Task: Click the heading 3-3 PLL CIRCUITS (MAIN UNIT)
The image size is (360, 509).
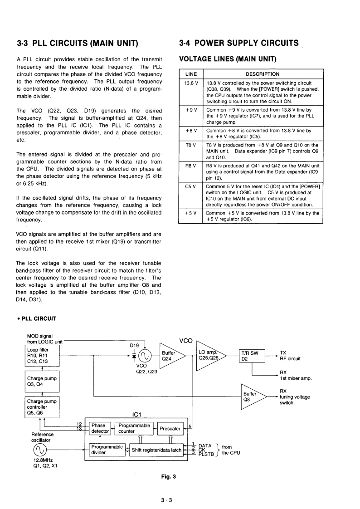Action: pos(77,44)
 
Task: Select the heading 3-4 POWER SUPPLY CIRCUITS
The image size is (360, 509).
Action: pos(239,43)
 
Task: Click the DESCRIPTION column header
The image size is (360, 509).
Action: pos(263,74)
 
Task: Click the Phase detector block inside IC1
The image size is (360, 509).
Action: pos(100,428)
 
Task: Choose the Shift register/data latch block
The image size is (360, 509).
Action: pos(156,450)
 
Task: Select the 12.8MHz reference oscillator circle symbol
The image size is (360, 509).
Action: pos(39,450)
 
